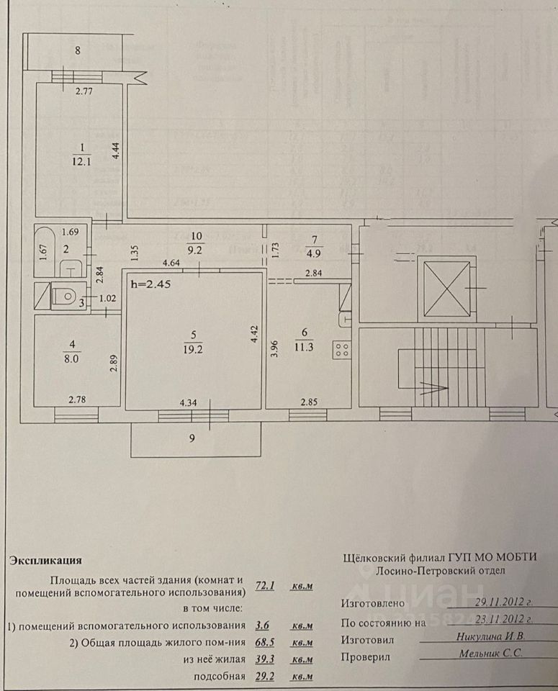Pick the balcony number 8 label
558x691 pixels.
pyautogui.click(x=77, y=50)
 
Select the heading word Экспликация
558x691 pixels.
pyautogui.click(x=45, y=559)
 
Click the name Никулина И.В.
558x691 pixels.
pyautogui.click(x=491, y=636)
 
